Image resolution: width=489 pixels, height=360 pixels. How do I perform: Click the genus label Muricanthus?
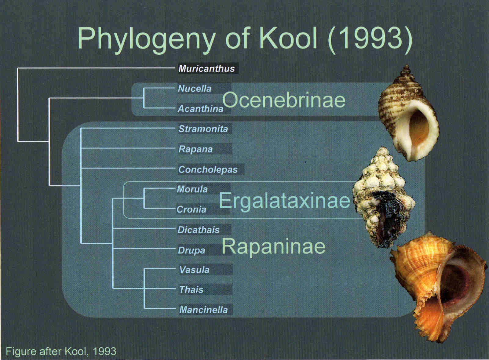206,68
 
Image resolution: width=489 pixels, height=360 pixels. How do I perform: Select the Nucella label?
195,89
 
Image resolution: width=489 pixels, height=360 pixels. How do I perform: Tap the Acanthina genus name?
200,109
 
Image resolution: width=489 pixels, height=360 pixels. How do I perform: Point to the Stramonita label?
203,129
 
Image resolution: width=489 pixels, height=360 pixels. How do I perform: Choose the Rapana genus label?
195,149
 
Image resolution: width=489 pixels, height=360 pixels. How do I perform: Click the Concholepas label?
208,169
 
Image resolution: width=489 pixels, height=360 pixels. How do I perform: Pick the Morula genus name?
192,189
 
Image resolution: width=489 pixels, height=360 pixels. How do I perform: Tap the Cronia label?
191,209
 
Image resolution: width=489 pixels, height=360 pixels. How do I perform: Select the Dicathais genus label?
199,230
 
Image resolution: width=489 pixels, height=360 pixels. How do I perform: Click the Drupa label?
192,250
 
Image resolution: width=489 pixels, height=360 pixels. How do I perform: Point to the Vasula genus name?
194,270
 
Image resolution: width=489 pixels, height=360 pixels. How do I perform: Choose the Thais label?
191,290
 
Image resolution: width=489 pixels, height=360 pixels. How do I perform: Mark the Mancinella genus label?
203,310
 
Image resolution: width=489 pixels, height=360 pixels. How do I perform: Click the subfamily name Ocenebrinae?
284,100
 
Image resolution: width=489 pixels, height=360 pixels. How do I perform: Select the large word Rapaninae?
274,246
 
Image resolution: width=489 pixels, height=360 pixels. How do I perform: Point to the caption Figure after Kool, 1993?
61,351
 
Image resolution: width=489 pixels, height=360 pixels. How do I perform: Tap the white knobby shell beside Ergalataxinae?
384,198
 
